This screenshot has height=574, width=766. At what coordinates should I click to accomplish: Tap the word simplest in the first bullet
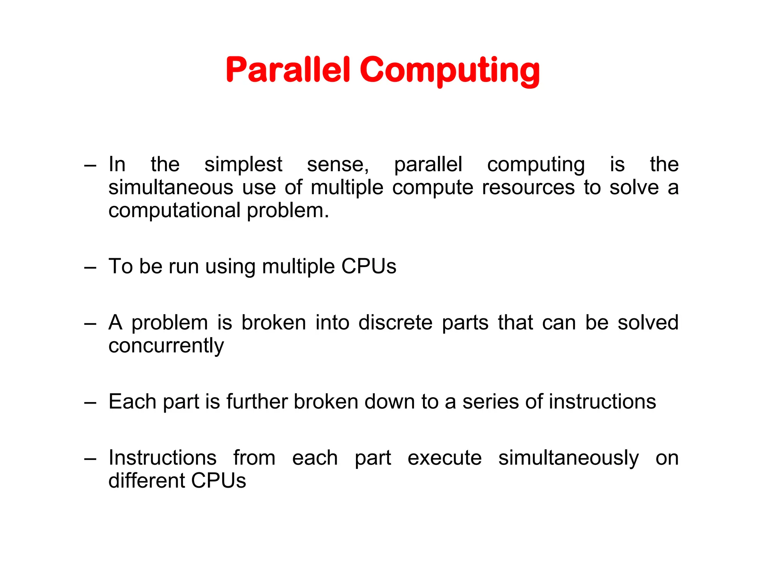point(243,164)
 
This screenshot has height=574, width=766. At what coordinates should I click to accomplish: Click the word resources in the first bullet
point(528,188)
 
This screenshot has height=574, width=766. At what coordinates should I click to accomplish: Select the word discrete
point(395,323)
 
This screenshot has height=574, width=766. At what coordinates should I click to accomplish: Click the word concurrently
point(166,346)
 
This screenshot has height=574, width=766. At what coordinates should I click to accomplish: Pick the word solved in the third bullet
point(648,323)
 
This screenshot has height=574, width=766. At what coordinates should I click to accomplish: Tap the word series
point(490,402)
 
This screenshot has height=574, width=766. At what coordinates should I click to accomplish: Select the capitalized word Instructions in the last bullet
point(162,458)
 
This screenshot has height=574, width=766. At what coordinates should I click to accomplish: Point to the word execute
point(444,459)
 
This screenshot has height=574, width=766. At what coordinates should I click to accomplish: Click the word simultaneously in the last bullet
point(569,459)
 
